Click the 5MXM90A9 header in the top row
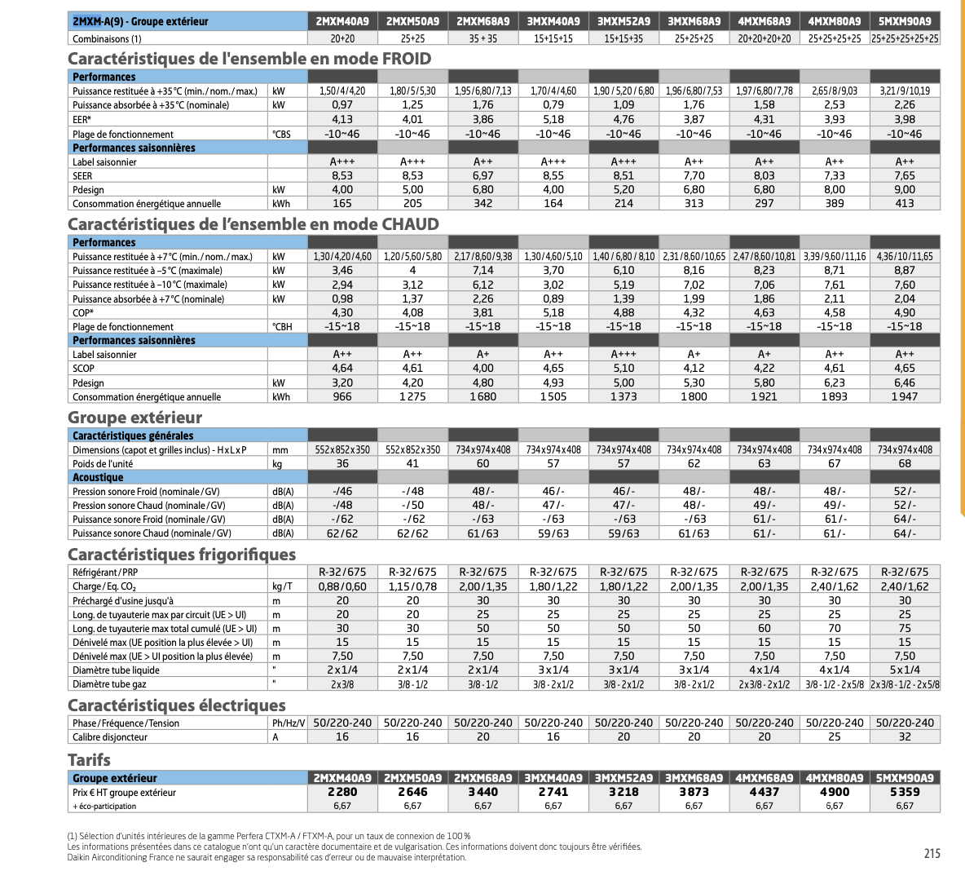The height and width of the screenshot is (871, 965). pyautogui.click(x=905, y=21)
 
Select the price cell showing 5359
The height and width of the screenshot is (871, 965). pyautogui.click(x=905, y=792)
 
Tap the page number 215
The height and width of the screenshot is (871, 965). pyautogui.click(x=932, y=853)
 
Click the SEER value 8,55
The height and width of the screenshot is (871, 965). pyautogui.click(x=553, y=175)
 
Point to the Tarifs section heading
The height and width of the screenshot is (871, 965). pyautogui.click(x=89, y=759)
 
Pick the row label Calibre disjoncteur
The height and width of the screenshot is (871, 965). pyautogui.click(x=110, y=737)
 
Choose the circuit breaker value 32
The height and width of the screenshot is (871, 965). pyautogui.click(x=905, y=737)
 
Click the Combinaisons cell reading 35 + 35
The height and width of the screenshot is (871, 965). pyautogui.click(x=483, y=38)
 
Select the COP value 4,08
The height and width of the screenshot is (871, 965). pyautogui.click(x=412, y=312)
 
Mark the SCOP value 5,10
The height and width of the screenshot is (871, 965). pyautogui.click(x=624, y=369)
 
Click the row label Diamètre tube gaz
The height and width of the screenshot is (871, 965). pyautogui.click(x=109, y=684)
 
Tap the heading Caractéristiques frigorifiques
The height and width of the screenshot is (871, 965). pyautogui.click(x=181, y=555)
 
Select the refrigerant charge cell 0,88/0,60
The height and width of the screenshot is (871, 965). pyautogui.click(x=342, y=586)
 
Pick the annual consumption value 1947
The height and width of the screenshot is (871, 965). pyautogui.click(x=905, y=397)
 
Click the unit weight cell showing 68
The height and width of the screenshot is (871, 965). pyautogui.click(x=905, y=464)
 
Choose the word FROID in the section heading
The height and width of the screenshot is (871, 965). pyautogui.click(x=406, y=59)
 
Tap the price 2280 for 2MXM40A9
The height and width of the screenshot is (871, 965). pyautogui.click(x=342, y=792)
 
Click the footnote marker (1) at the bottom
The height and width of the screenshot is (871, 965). pyautogui.click(x=73, y=836)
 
